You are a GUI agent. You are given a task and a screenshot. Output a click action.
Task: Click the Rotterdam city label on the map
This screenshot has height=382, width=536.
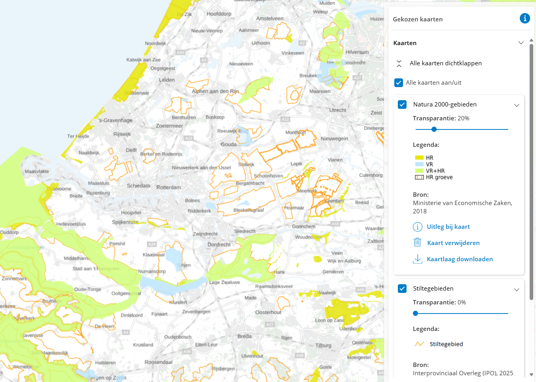click(169, 187)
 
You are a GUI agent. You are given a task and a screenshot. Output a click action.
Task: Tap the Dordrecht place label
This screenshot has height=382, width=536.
click(219, 245)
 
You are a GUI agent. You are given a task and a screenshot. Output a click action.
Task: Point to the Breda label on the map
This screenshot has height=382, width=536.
click(244, 336)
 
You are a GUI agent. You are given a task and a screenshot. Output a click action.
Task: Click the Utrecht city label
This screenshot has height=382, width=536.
click(338, 110)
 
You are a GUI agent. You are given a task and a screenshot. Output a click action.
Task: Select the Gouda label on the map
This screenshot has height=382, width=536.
click(228, 144)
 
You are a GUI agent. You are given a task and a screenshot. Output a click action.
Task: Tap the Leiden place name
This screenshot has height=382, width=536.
click(167, 80)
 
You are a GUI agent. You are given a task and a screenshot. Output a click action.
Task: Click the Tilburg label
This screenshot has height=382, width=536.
click(323, 345)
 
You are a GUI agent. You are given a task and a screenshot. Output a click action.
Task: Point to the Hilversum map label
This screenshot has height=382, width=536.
click(357, 52)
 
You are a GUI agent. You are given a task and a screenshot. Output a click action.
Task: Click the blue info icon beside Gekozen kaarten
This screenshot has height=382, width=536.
click(525, 18)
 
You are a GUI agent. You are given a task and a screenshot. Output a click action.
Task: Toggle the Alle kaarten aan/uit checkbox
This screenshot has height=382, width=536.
click(399, 83)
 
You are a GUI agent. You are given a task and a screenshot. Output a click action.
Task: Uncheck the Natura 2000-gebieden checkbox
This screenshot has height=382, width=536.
click(402, 105)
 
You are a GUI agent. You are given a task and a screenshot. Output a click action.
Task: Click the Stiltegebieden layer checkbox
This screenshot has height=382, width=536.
click(402, 289)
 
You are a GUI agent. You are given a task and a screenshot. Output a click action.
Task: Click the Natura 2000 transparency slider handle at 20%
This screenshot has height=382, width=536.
click(434, 129)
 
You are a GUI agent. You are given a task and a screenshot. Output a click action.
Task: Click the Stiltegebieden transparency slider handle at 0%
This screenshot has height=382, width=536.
click(415, 313)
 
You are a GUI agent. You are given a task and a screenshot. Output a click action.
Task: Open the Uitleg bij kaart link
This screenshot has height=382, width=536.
click(448, 227)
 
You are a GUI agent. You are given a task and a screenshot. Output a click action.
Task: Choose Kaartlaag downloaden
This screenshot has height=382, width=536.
click(460, 259)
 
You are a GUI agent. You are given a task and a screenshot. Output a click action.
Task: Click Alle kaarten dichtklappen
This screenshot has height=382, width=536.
click(445, 63)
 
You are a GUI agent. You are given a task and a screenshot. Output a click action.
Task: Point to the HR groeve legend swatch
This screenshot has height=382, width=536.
click(419, 177)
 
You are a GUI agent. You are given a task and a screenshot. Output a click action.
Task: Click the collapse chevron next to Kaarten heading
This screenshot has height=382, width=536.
click(521, 43)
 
